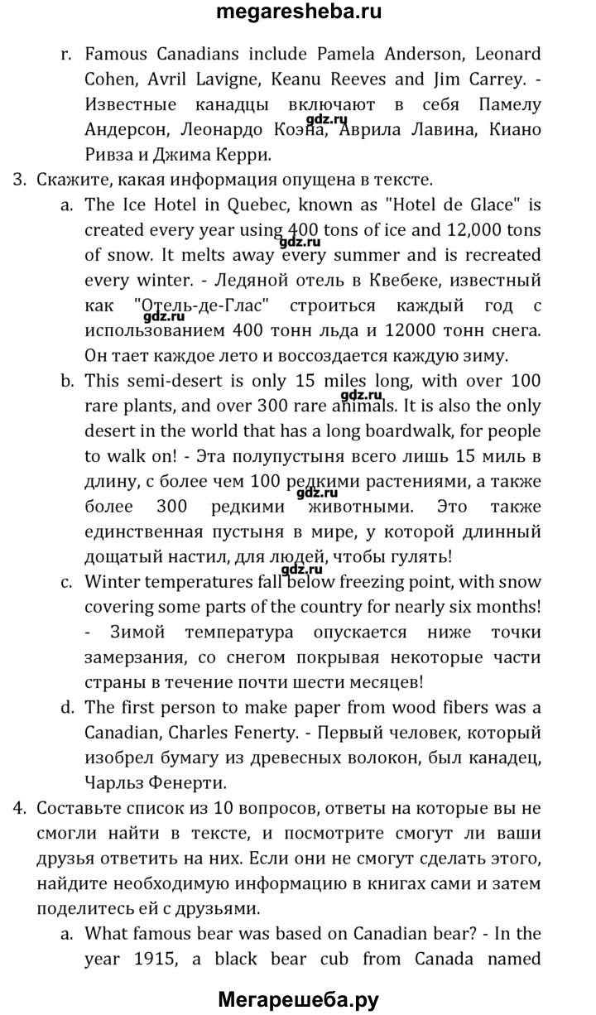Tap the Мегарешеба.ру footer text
click(x=298, y=1000)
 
